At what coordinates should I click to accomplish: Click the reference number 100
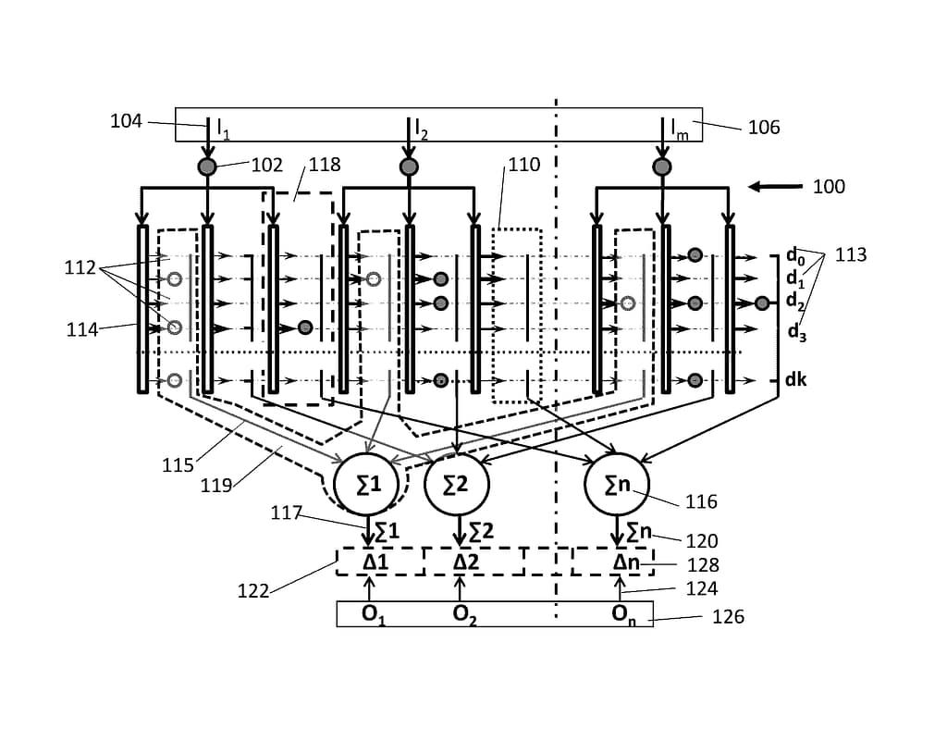(x=829, y=186)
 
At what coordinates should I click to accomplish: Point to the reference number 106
(x=764, y=127)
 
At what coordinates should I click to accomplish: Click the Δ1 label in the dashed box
(x=375, y=562)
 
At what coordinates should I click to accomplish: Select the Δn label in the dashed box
(x=626, y=562)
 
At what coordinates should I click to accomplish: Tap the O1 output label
(x=374, y=615)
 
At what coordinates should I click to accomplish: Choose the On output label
(x=623, y=615)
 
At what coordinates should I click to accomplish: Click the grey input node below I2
(x=409, y=167)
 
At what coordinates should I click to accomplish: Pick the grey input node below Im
(x=662, y=167)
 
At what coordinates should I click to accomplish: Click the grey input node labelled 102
(x=207, y=167)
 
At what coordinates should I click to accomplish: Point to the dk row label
(x=795, y=379)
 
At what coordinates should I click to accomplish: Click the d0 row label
(x=794, y=256)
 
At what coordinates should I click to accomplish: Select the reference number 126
(x=728, y=617)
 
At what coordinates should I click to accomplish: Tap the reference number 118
(x=325, y=165)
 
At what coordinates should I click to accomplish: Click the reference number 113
(x=851, y=254)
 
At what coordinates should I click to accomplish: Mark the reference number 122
(x=253, y=590)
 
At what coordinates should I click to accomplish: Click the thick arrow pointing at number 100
(x=776, y=187)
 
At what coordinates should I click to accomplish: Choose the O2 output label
(x=464, y=615)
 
